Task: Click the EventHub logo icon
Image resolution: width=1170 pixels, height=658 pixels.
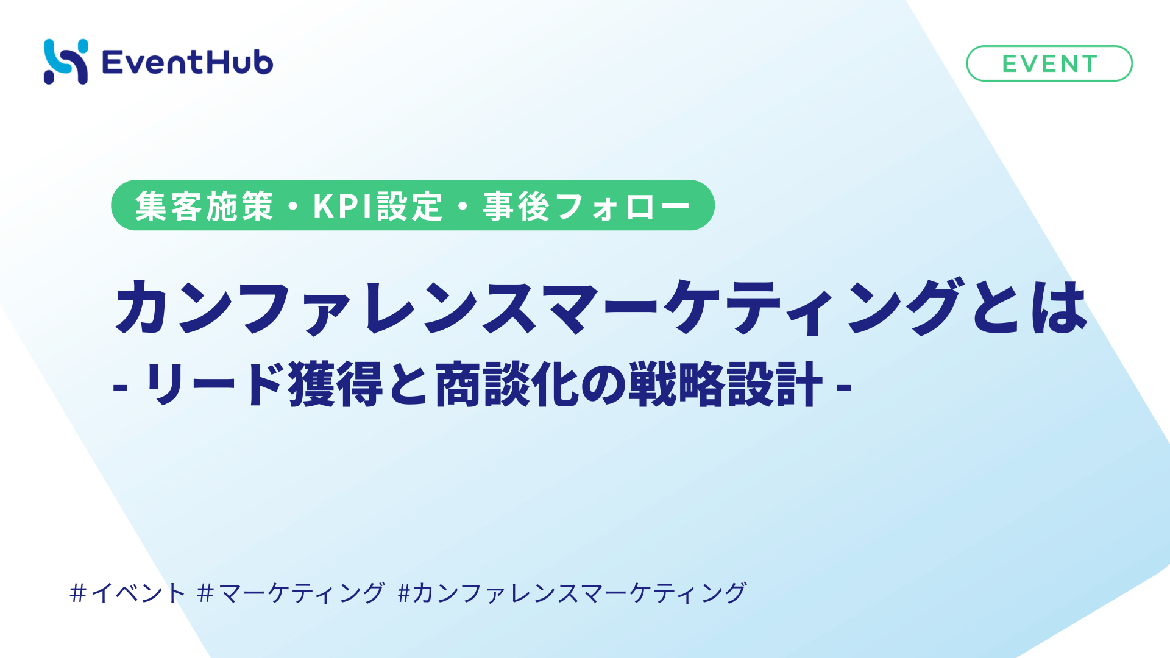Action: coord(66,62)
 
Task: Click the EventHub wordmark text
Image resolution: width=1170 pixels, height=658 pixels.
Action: coord(188,62)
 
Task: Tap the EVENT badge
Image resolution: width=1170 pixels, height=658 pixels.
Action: coord(1049,63)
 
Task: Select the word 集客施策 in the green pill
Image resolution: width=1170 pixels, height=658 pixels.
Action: coord(204,206)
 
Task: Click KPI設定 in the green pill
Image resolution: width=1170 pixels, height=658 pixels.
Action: coord(378,206)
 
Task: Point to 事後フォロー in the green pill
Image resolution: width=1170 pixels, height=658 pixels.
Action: coord(586,206)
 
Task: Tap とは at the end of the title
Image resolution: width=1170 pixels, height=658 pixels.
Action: coord(1030,307)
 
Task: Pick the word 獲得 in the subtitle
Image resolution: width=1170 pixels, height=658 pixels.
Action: coord(336,384)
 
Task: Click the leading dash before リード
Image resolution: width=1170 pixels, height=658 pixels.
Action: coord(120,386)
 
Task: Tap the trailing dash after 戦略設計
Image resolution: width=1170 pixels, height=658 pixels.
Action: coord(844,386)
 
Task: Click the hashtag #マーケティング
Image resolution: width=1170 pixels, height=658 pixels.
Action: coord(291,592)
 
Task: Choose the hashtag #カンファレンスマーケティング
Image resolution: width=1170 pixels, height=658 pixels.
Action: coord(572,592)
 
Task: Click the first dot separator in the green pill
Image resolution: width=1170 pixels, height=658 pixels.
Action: coord(293,207)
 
